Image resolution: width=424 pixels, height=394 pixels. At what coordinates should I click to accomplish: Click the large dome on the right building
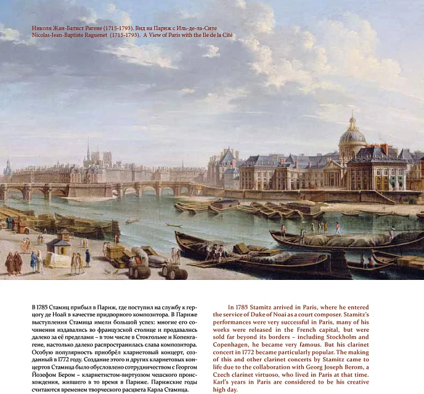[353, 134]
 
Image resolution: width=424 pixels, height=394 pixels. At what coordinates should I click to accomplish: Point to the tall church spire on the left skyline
[88, 149]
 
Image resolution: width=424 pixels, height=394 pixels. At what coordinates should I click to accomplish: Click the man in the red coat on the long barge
[338, 228]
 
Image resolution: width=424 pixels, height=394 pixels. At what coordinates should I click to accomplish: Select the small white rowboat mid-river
[132, 220]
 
